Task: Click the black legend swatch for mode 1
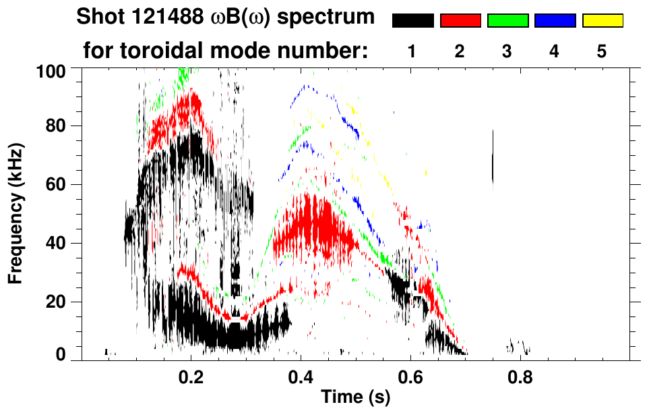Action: pyautogui.click(x=412, y=21)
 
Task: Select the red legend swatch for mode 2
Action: pyautogui.click(x=460, y=21)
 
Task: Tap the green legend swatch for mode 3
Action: pyautogui.click(x=507, y=21)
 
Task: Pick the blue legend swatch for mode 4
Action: pyautogui.click(x=555, y=21)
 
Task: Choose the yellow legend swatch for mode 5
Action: pyautogui.click(x=602, y=21)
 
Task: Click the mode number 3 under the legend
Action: pyautogui.click(x=507, y=52)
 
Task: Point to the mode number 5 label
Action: pyautogui.click(x=602, y=52)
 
